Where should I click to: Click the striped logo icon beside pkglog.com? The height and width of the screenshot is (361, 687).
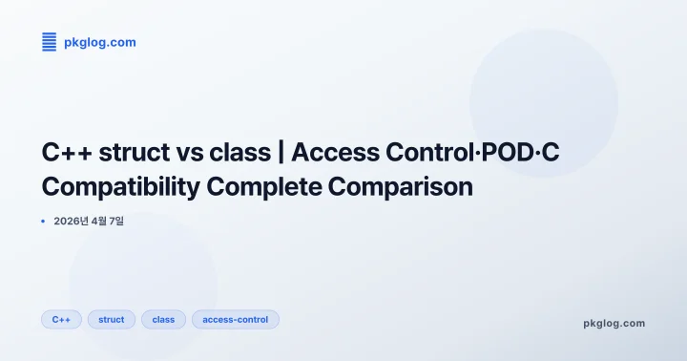click(x=50, y=42)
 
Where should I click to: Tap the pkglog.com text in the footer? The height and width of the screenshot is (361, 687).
click(x=614, y=323)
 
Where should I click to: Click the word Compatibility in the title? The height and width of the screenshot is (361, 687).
click(x=119, y=186)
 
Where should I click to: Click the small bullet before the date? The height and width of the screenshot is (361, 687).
click(x=44, y=222)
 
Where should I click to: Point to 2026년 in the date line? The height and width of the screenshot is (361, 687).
click(x=73, y=222)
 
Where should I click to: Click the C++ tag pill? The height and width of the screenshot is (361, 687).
click(x=61, y=319)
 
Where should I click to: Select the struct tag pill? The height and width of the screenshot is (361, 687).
click(x=112, y=319)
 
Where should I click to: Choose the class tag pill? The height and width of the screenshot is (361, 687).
click(x=163, y=319)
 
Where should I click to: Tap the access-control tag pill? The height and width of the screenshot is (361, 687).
click(x=235, y=319)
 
